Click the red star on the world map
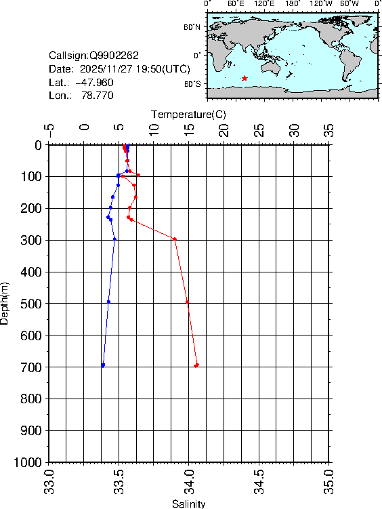tap(245, 79)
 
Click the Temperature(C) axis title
tap(188, 114)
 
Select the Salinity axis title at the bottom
tap(188, 504)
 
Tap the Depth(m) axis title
tap(5, 303)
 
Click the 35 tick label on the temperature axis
tap(329, 130)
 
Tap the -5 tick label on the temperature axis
tap(49, 130)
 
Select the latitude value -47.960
tap(94, 82)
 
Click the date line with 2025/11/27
tap(119, 69)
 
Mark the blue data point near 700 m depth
tap(103, 365)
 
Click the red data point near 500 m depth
tap(188, 302)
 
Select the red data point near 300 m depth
tap(175, 239)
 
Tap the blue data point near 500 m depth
tap(108, 302)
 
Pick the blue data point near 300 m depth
tap(114, 239)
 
